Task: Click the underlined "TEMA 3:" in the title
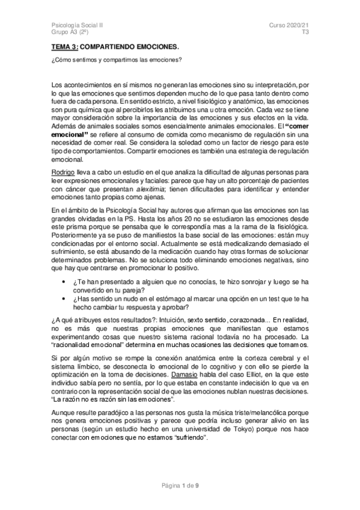(63, 46)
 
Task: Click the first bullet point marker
(64, 283)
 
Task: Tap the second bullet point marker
(64, 300)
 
